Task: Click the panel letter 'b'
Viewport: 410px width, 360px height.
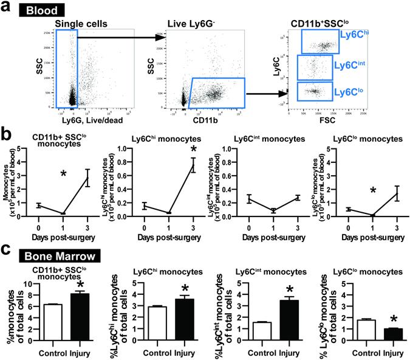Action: pyautogui.click(x=6, y=134)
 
